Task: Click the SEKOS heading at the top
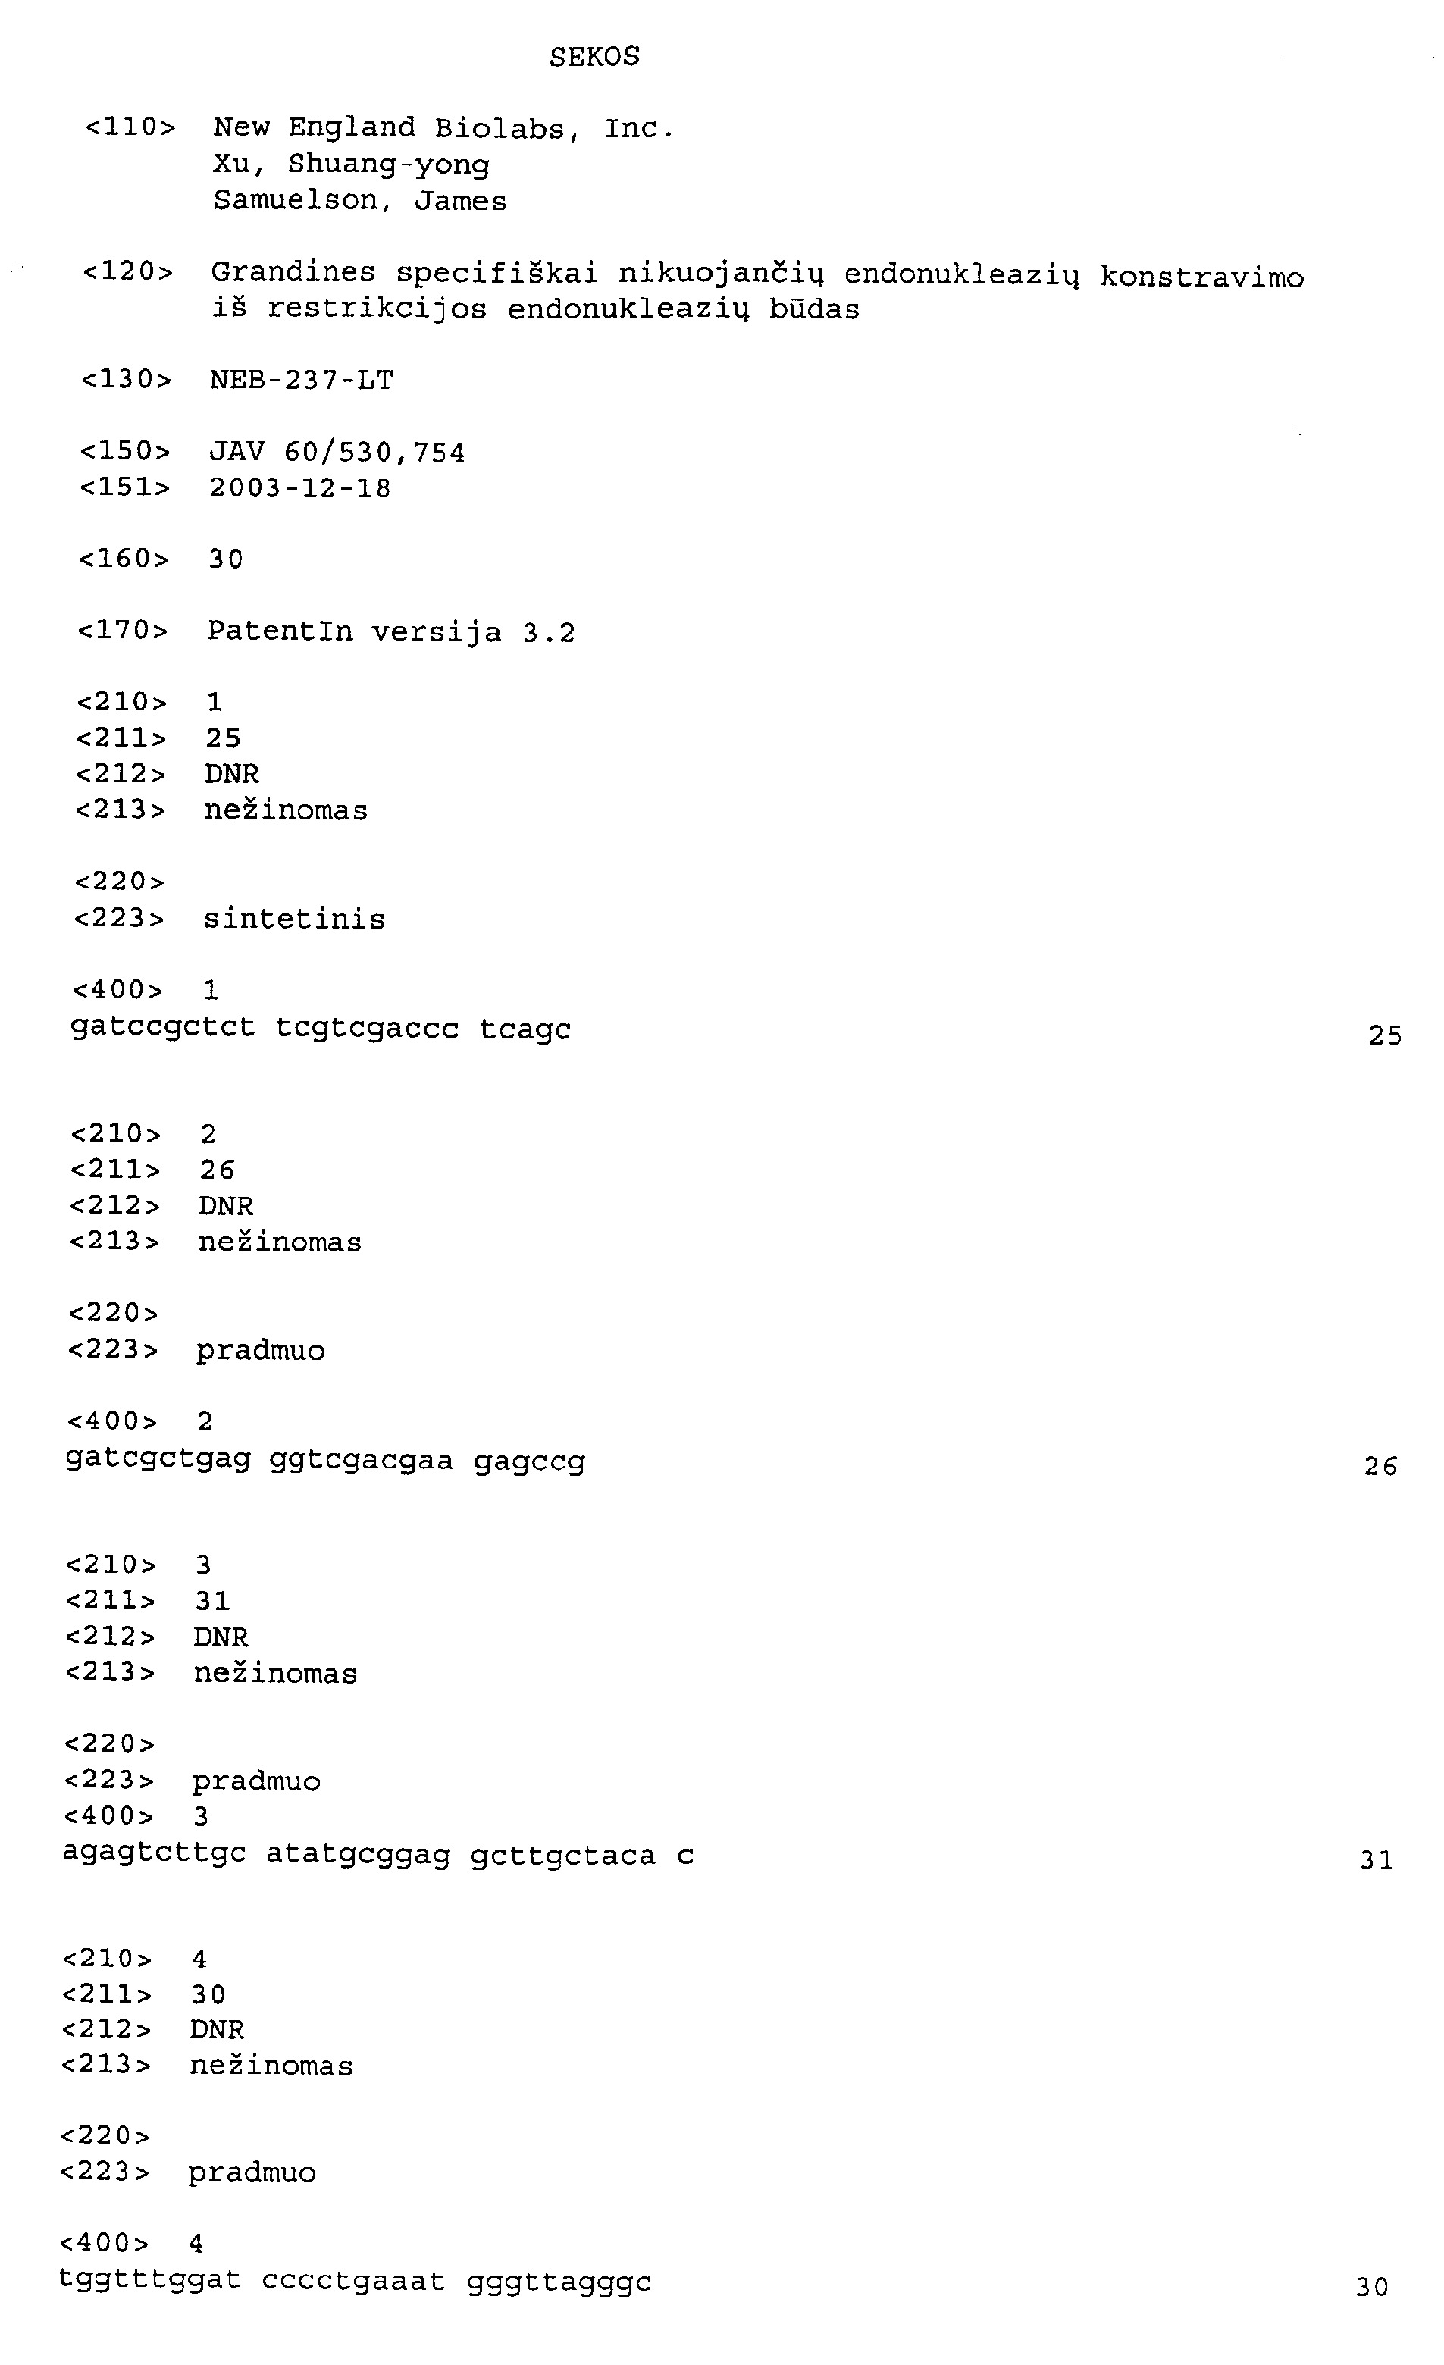click(594, 57)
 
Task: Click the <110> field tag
click(130, 127)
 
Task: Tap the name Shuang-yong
click(389, 165)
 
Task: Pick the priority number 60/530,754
click(374, 453)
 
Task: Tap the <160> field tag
click(124, 559)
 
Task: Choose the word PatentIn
click(280, 631)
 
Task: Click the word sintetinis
click(294, 919)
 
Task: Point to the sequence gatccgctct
click(162, 1028)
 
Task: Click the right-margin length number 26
click(1380, 1466)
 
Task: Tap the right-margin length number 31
click(1376, 1860)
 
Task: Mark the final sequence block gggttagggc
click(559, 2281)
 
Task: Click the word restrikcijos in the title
click(377, 309)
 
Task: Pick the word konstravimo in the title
click(1202, 277)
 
